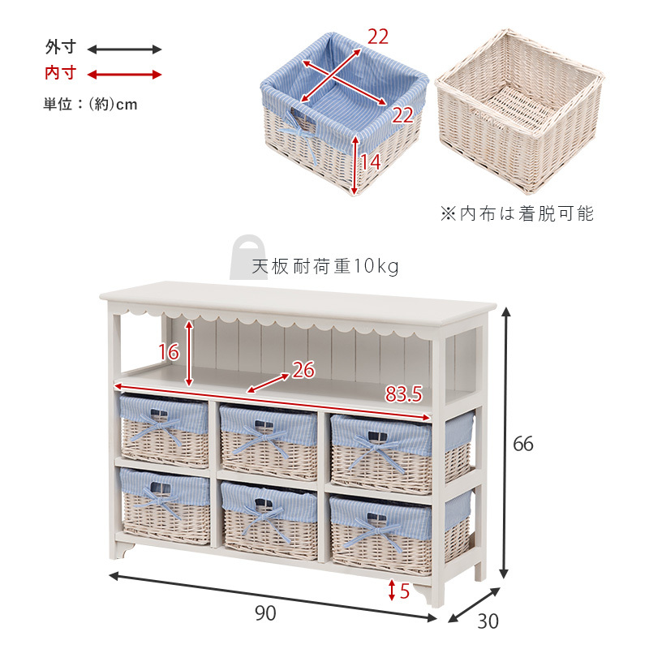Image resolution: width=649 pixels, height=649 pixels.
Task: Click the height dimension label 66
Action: click(x=522, y=444)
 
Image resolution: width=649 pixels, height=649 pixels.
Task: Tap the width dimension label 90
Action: click(x=265, y=613)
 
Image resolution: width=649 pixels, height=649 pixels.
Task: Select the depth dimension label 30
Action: click(x=488, y=621)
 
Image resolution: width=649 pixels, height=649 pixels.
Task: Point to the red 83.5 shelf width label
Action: click(x=403, y=393)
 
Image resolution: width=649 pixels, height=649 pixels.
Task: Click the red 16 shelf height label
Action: click(x=169, y=352)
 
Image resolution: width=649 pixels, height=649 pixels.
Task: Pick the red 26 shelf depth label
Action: click(x=303, y=370)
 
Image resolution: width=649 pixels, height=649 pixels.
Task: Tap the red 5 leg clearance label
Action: click(x=404, y=591)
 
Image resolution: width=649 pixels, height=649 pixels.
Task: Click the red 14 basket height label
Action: click(x=370, y=161)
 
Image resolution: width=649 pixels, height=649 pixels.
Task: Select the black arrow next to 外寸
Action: click(x=124, y=49)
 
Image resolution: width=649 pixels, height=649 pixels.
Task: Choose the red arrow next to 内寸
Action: click(x=124, y=75)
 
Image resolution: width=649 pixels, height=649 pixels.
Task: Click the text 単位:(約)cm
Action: click(x=90, y=104)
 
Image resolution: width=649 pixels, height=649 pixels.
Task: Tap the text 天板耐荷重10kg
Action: click(x=325, y=267)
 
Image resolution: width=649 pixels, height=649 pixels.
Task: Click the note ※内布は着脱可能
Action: click(x=517, y=213)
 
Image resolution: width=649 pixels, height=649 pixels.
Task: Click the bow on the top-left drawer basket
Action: click(x=159, y=428)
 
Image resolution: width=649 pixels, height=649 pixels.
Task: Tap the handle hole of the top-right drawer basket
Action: click(x=377, y=436)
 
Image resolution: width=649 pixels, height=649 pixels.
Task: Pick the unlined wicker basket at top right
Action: click(x=519, y=111)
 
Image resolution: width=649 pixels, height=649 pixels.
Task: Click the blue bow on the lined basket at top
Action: click(x=299, y=136)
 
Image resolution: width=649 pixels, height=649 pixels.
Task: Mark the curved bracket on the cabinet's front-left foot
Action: click(x=127, y=551)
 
